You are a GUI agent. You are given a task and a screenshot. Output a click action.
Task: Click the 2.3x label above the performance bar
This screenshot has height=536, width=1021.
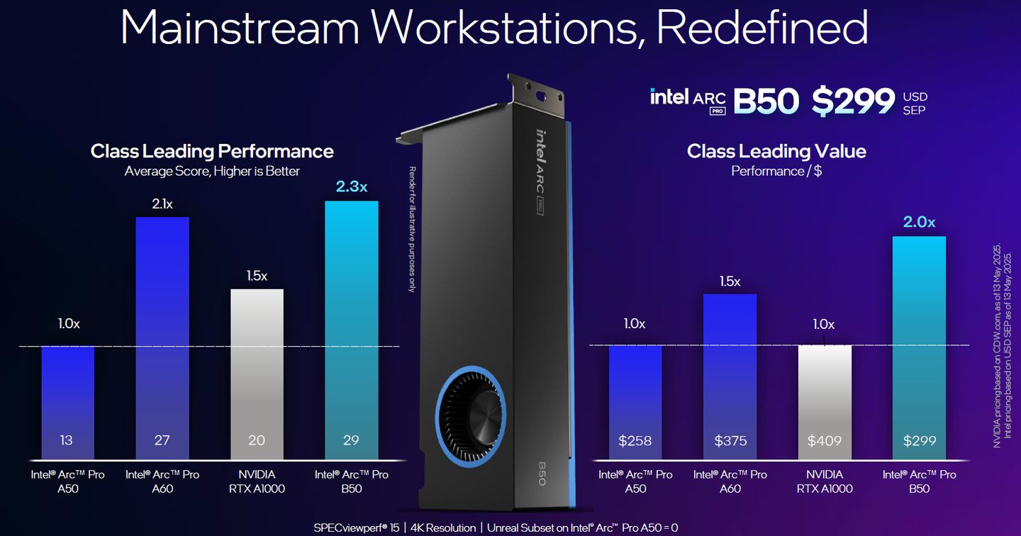pos(352,187)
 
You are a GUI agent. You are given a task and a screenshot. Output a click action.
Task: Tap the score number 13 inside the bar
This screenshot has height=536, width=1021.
pos(67,440)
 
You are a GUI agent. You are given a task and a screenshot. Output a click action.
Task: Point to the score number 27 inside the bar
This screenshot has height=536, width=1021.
pos(162,440)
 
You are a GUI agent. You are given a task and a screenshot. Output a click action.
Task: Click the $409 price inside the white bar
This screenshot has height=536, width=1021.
pos(825,440)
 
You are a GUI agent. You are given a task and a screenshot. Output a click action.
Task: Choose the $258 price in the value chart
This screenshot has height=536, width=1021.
pos(635,440)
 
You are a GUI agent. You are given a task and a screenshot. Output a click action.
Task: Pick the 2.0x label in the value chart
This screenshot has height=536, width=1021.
pos(919,223)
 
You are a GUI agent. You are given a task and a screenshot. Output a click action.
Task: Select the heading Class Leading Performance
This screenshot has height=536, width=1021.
pos(212,151)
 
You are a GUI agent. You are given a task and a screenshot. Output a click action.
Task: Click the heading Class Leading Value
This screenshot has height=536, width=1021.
pos(776,151)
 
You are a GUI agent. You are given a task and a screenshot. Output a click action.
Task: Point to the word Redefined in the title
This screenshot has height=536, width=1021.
pos(761,28)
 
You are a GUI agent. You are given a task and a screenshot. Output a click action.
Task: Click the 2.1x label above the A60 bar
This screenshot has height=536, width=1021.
pos(162,204)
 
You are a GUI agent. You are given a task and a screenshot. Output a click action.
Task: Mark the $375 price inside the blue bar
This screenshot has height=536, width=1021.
pos(730,440)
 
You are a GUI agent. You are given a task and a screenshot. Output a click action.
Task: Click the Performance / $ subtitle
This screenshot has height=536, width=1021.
pos(776,171)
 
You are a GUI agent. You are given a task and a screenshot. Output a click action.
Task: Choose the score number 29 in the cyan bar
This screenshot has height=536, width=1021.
pos(352,440)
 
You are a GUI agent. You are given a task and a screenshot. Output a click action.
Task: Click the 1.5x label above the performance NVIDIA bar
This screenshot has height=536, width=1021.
pos(257,276)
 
